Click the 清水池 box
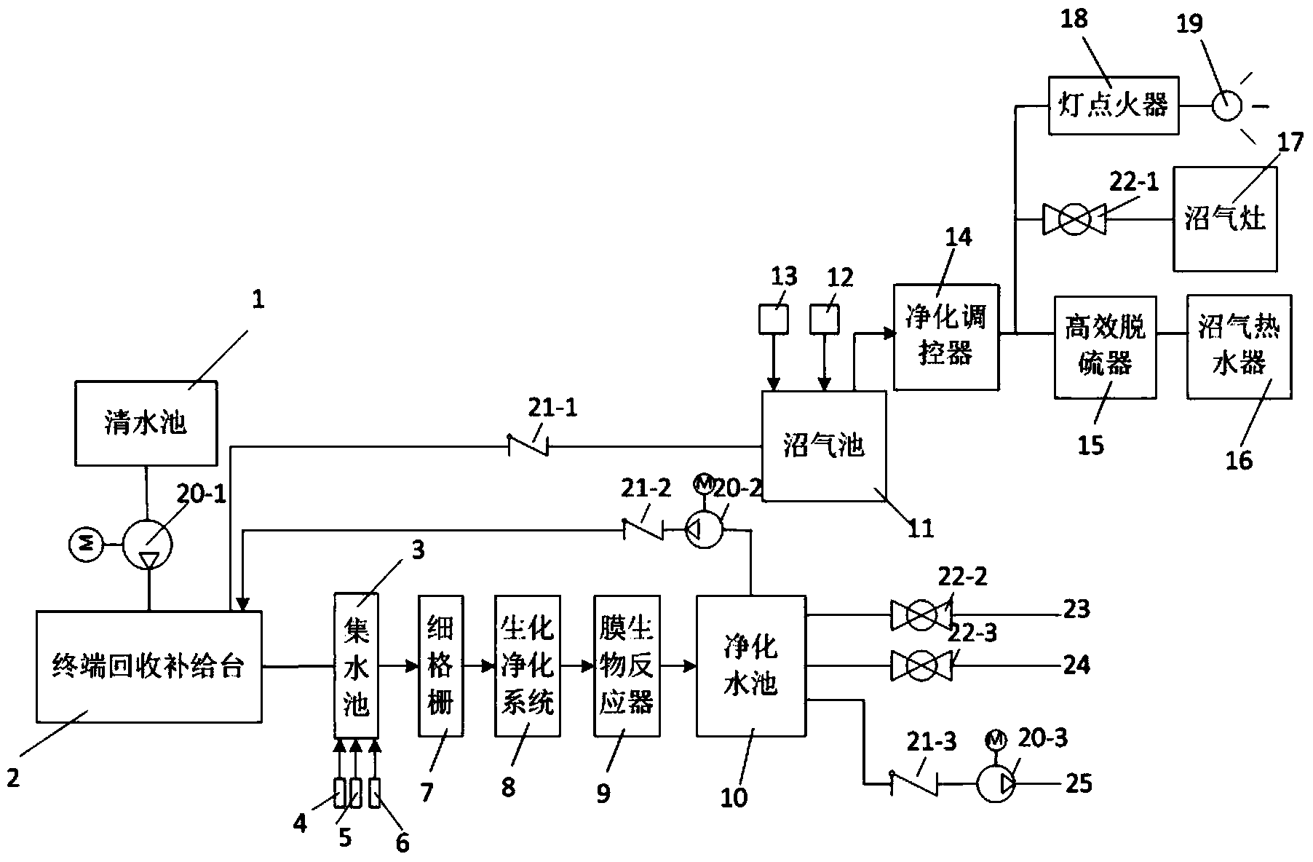[x=146, y=423]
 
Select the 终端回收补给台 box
[x=148, y=666]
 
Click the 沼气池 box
[x=824, y=446]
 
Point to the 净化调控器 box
[x=945, y=336]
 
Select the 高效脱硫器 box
[x=1105, y=346]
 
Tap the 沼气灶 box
[x=1225, y=218]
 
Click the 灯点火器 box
[x=1113, y=106]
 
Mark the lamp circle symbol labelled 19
[x=1226, y=106]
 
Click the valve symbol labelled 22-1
[x=1074, y=218]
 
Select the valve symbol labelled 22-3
[x=921, y=665]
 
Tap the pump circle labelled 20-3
[x=994, y=784]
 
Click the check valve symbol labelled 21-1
[x=528, y=445]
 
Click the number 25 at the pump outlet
[x=1078, y=783]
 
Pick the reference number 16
[x=1239, y=459]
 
